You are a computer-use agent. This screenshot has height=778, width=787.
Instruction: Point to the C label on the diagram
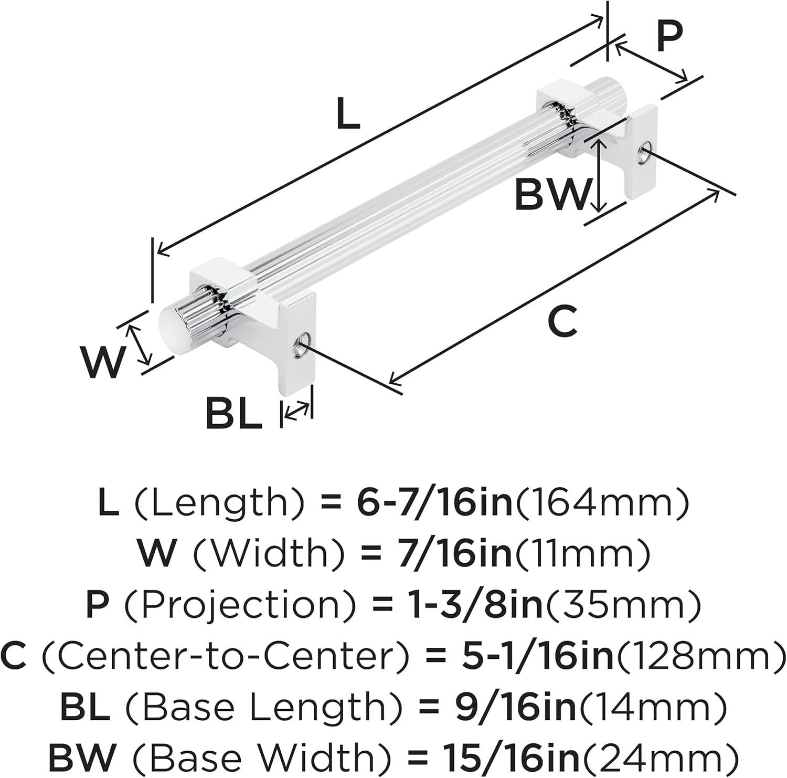[x=562, y=320]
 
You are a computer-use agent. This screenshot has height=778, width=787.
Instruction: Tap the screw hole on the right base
[x=643, y=152]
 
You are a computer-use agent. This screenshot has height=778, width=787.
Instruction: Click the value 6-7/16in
[x=434, y=503]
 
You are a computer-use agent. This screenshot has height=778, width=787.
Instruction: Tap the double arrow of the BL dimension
[x=297, y=409]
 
